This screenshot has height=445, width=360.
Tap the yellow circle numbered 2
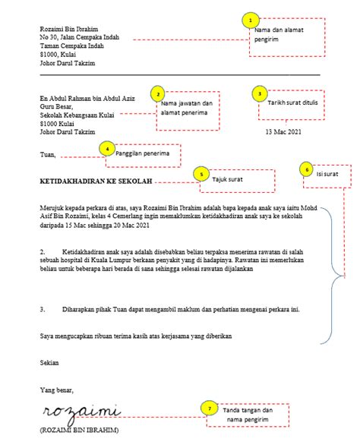click(x=157, y=93)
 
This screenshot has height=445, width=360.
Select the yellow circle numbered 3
click(x=259, y=93)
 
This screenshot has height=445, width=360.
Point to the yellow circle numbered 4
click(x=108, y=148)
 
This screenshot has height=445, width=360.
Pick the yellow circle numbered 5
click(x=201, y=174)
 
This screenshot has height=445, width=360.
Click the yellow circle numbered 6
click(x=306, y=169)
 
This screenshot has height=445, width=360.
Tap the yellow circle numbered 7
click(x=210, y=409)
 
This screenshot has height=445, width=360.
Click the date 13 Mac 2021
click(x=283, y=131)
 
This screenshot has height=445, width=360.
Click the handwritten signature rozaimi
click(x=81, y=412)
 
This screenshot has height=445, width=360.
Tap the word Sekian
click(x=49, y=363)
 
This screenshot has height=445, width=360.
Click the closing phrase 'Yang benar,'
click(x=57, y=390)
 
